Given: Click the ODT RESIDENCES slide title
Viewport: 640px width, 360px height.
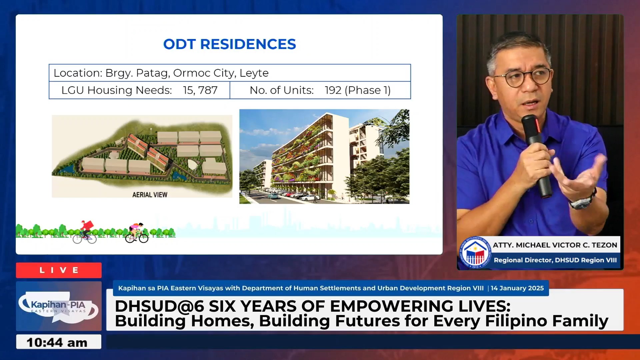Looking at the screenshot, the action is pos(229,44).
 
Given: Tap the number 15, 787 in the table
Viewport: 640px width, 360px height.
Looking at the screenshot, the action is pos(200,90).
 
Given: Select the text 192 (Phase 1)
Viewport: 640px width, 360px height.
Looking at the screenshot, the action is pos(358,90).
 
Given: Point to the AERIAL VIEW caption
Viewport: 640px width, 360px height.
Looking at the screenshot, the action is pos(150,195).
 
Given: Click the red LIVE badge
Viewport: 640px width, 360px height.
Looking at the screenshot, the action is pos(59,270).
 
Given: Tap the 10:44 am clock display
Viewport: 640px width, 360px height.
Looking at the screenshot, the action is pos(57,342).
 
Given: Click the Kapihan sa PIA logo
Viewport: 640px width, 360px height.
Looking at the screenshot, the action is pos(58,306).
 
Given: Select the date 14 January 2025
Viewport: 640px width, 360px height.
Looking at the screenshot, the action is pos(517,288).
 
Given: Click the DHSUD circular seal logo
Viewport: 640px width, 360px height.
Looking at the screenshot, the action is pos(475,252).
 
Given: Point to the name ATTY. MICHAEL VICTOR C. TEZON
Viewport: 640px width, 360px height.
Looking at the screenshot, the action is pos(555,245).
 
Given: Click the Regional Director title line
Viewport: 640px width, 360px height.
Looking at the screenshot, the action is pos(555,260).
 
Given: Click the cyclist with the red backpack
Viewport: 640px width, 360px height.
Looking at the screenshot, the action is pos(85,232).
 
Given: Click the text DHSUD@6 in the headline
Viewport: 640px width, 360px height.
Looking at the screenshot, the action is pos(159,306).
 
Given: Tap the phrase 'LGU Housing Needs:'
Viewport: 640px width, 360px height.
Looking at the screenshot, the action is pos(117,90).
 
